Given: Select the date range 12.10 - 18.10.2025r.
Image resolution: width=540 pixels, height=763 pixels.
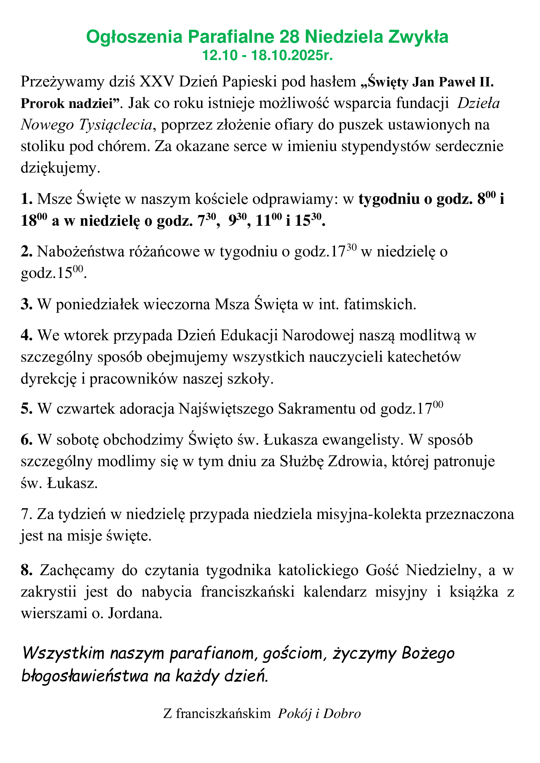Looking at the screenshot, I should pos(268,55).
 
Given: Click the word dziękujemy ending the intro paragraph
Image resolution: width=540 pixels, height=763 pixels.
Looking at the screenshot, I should pos(60,168).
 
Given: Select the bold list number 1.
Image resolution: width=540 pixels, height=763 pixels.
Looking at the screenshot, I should pos(26,199).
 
